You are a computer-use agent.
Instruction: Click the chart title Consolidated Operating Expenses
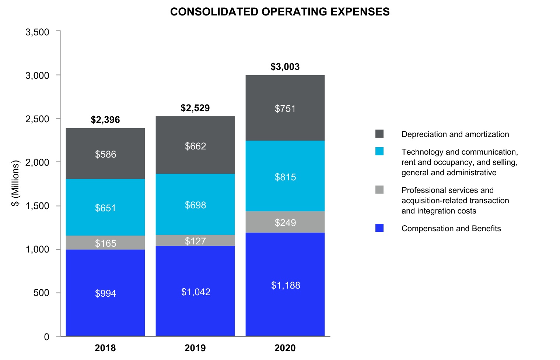click(280, 12)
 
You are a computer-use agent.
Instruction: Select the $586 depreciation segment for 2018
click(105, 154)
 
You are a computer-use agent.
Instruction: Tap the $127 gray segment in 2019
click(195, 241)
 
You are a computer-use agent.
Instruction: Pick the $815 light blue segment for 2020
click(285, 177)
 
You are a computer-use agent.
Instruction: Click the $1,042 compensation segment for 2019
click(195, 292)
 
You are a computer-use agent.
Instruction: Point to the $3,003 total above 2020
click(285, 67)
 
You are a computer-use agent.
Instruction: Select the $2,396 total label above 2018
click(105, 120)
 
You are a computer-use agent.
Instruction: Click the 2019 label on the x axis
click(195, 347)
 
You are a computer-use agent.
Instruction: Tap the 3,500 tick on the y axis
click(37, 32)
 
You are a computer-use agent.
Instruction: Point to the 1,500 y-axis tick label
click(37, 206)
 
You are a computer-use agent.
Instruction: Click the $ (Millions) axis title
click(15, 183)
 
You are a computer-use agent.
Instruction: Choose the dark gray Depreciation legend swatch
click(379, 134)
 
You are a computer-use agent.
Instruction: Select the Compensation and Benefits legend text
click(451, 229)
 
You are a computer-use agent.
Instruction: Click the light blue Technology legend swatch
click(379, 151)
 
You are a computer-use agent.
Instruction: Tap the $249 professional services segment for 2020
click(285, 222)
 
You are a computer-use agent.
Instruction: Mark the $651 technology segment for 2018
click(105, 208)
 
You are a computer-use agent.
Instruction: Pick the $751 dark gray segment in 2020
click(285, 108)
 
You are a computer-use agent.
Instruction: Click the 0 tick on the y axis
click(46, 336)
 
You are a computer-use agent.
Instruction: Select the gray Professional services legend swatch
click(379, 190)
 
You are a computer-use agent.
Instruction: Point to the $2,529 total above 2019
click(195, 108)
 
